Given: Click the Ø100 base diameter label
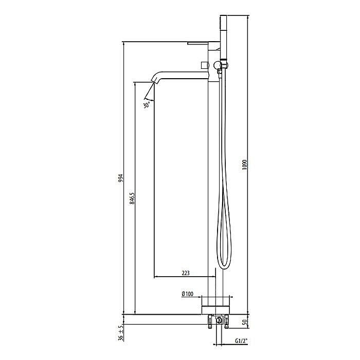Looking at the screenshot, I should [x=187, y=294].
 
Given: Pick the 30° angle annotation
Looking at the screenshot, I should [x=147, y=104].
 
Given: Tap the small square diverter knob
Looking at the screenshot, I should [x=204, y=64].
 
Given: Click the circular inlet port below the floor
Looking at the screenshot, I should [x=220, y=320].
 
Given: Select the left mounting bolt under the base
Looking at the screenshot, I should [x=210, y=322].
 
